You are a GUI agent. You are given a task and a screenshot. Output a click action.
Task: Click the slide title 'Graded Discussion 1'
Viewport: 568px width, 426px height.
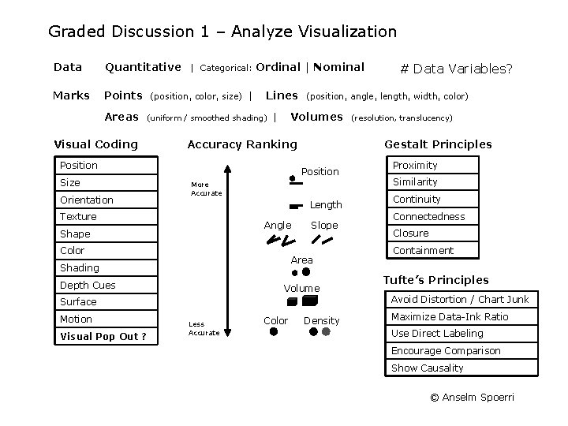[x=222, y=32]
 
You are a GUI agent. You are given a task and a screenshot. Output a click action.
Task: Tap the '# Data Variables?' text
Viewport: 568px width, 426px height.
[x=457, y=69]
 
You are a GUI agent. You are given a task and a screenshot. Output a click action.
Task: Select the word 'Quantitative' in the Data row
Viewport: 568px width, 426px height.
[x=143, y=67]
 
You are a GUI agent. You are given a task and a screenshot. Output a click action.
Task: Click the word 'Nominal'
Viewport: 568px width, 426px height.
[x=338, y=67]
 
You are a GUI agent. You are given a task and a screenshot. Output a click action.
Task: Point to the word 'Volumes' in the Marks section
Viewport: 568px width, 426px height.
[x=316, y=117]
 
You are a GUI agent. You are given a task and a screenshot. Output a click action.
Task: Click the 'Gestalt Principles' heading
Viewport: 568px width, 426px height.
[x=437, y=144]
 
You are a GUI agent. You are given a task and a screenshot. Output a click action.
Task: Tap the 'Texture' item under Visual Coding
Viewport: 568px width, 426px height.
[x=78, y=216]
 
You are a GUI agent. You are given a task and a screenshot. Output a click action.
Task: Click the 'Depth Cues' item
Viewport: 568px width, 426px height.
[x=88, y=285]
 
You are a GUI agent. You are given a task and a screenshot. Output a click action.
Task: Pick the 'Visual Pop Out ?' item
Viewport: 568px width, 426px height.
[x=103, y=336]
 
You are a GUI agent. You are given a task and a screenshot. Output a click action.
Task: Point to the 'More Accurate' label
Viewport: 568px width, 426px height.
[x=207, y=189]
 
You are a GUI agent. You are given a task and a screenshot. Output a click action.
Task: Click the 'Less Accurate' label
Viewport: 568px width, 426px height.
[x=204, y=328]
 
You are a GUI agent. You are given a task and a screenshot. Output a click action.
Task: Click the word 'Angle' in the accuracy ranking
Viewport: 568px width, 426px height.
[x=277, y=225]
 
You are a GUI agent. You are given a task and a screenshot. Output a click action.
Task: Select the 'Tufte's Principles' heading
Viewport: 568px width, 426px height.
[x=435, y=280]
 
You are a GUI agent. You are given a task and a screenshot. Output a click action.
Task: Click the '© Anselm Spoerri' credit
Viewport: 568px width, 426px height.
[x=472, y=397]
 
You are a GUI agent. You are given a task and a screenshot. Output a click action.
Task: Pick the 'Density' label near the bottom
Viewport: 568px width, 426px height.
[x=321, y=320]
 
